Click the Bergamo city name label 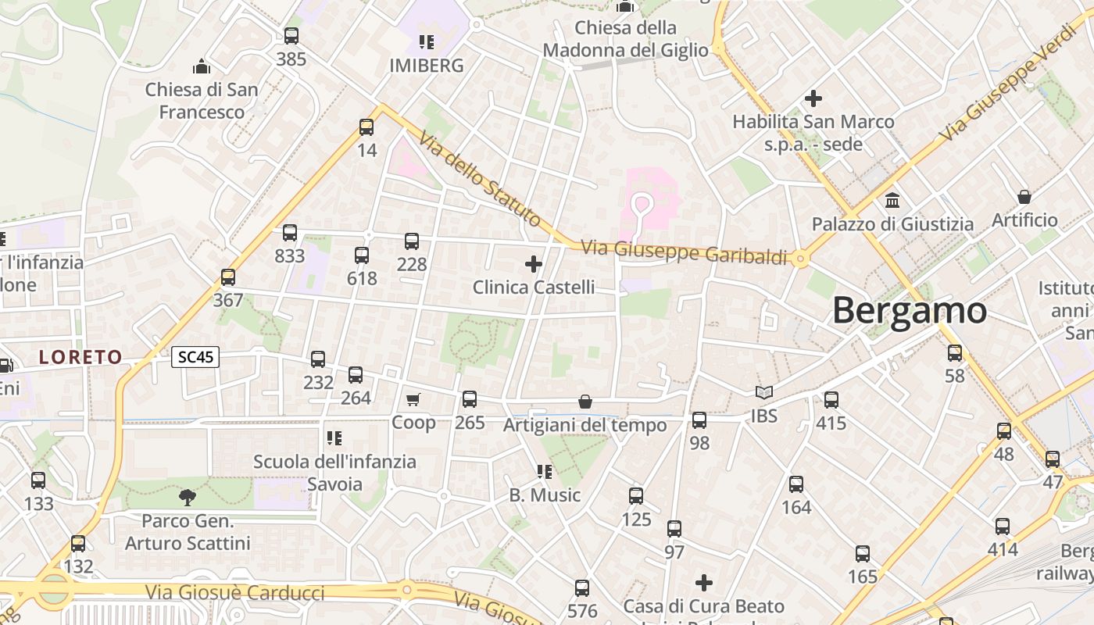tap(909, 310)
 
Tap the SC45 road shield tap(195, 357)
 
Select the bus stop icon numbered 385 tap(291, 36)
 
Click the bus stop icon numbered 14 tap(366, 127)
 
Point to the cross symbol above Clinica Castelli tap(534, 264)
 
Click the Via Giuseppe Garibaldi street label tap(685, 252)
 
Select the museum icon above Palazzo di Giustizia tap(892, 200)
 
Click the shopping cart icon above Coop tap(413, 400)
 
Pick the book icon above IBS tap(763, 392)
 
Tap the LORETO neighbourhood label tap(81, 357)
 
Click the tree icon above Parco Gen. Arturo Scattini tap(187, 497)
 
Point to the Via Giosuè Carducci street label tap(234, 592)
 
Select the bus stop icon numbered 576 tap(582, 587)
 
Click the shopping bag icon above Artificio tap(1024, 197)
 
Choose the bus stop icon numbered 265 tap(470, 399)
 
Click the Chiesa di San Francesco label tap(202, 101)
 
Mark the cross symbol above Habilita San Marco tap(813, 98)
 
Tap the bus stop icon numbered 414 tap(1003, 526)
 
